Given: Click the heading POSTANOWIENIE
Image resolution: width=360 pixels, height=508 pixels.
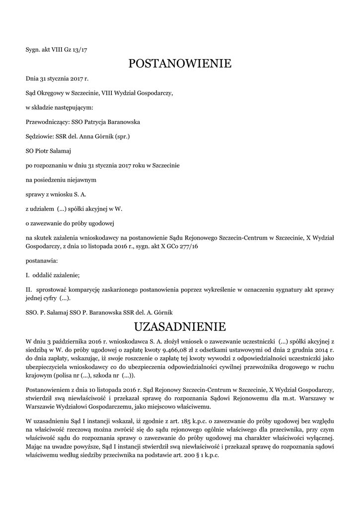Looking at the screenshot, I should click(180, 63).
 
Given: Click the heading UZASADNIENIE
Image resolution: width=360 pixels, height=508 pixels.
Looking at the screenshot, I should click(180, 327).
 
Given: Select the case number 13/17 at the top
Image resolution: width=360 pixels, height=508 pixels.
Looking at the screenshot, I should click(80, 50).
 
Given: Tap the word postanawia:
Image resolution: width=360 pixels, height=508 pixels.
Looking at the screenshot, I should click(42, 260).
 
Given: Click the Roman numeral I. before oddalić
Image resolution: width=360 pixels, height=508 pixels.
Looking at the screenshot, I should click(28, 274).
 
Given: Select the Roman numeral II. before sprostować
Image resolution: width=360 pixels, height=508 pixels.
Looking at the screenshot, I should click(29, 289).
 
